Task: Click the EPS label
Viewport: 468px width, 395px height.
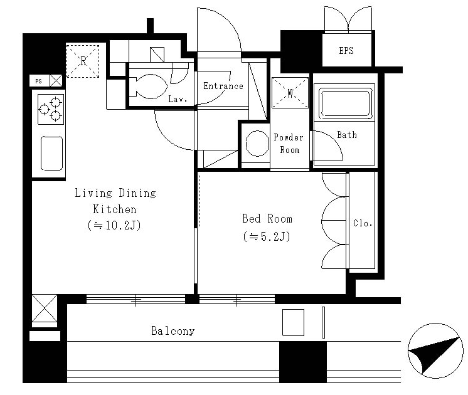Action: pyautogui.click(x=346, y=50)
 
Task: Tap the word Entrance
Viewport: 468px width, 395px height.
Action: pyautogui.click(x=223, y=86)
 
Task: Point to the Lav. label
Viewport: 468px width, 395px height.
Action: pyautogui.click(x=178, y=99)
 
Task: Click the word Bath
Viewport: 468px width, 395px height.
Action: pyautogui.click(x=347, y=135)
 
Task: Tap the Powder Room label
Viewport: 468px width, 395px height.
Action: pyautogui.click(x=289, y=144)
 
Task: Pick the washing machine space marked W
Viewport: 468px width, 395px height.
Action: pyautogui.click(x=290, y=93)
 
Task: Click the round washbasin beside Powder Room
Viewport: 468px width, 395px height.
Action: pyautogui.click(x=257, y=144)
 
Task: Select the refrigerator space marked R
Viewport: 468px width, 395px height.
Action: pyautogui.click(x=83, y=61)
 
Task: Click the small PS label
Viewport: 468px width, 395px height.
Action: pyautogui.click(x=38, y=81)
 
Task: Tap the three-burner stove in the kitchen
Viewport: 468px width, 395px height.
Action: pyautogui.click(x=51, y=109)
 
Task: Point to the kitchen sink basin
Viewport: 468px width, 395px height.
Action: pyautogui.click(x=51, y=154)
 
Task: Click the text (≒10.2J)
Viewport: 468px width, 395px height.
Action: pyautogui.click(x=114, y=225)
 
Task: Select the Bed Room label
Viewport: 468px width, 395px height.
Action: pyautogui.click(x=267, y=219)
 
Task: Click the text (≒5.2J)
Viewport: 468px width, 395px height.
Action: pyautogui.click(x=267, y=236)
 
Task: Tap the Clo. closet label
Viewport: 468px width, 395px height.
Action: pyautogui.click(x=363, y=223)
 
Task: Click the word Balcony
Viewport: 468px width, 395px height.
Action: pyautogui.click(x=173, y=330)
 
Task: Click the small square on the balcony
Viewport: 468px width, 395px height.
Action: pyautogui.click(x=294, y=322)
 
